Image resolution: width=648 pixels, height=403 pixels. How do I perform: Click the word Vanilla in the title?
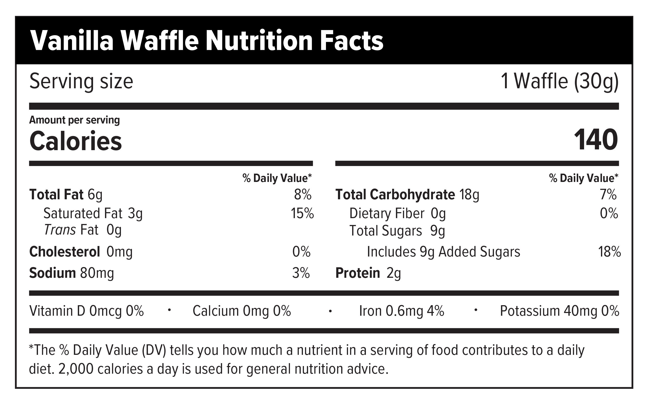(72, 41)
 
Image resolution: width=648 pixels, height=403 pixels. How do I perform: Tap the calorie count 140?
(596, 140)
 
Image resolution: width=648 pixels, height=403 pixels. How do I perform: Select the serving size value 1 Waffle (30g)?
(559, 81)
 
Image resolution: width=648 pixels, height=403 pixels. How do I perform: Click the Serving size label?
(81, 81)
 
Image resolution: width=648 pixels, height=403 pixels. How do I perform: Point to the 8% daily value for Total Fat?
(303, 195)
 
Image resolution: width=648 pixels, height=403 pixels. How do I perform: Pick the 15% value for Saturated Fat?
(302, 213)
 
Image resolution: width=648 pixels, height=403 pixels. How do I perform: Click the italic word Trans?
(60, 230)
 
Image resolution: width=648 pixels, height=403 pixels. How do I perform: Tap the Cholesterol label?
(65, 252)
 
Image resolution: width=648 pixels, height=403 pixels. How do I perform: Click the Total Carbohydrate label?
(395, 195)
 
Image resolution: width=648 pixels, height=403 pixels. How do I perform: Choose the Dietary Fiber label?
(387, 213)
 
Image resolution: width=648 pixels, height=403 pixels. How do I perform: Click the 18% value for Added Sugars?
(610, 252)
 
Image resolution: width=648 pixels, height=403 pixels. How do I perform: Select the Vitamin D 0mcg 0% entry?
(86, 311)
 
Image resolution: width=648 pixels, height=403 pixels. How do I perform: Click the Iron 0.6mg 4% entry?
(401, 311)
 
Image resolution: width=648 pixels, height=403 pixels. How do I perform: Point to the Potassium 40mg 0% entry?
(559, 311)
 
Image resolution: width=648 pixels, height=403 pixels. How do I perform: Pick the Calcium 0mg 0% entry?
(241, 311)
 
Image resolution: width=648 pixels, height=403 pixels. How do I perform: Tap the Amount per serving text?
(74, 120)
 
